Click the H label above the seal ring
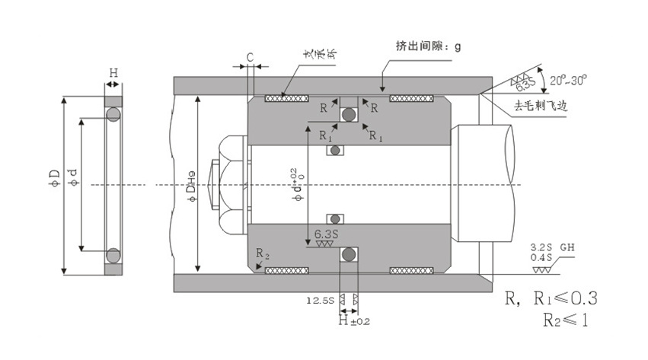[x=113, y=73]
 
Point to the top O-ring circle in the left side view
[x=113, y=114]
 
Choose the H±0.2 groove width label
[x=354, y=322]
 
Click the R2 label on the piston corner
[x=261, y=251]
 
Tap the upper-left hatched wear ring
[x=285, y=97]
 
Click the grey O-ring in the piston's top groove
[x=350, y=115]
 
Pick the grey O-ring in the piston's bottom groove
[x=350, y=254]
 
